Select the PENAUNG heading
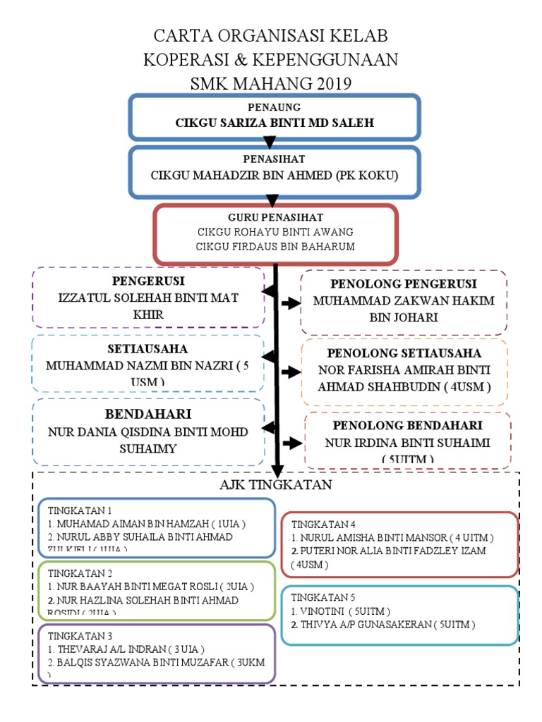click(x=275, y=107)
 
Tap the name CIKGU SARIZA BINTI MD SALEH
click(x=275, y=123)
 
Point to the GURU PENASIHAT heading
click(x=275, y=217)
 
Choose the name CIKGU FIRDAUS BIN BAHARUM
click(x=275, y=246)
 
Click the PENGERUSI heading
click(x=147, y=281)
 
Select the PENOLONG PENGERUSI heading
click(x=404, y=284)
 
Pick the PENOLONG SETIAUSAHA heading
click(x=404, y=353)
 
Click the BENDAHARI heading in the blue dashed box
click(x=148, y=414)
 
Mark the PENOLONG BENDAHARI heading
click(x=407, y=426)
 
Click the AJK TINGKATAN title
click(x=275, y=486)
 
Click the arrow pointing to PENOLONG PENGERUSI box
click(x=289, y=302)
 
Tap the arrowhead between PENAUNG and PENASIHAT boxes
click(x=270, y=143)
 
